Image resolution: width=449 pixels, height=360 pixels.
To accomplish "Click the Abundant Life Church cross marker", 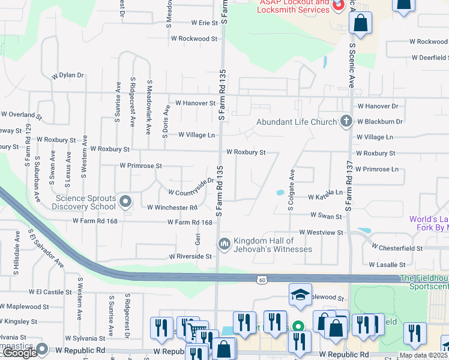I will (x=346, y=122).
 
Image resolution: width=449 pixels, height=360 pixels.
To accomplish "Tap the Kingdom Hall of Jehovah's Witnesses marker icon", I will (x=224, y=243).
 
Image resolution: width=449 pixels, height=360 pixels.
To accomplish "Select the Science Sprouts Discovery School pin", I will (x=125, y=202).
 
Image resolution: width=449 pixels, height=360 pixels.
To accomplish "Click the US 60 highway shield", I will (x=262, y=280).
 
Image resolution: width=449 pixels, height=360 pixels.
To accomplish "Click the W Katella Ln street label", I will (x=325, y=196).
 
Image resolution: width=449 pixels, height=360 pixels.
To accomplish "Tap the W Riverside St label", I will (x=191, y=256).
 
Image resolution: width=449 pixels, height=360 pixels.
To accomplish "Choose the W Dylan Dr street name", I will (x=67, y=76).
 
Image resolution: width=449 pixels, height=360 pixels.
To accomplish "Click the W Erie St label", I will (x=204, y=23).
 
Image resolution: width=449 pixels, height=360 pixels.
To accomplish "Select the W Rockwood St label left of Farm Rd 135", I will (x=194, y=38).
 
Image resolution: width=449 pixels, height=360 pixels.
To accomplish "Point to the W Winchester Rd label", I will (x=172, y=208).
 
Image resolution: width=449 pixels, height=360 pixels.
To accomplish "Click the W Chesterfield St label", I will (x=397, y=247).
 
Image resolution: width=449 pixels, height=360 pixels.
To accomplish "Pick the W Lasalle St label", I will (x=387, y=264).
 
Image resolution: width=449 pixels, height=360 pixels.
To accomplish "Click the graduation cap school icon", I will (x=300, y=294).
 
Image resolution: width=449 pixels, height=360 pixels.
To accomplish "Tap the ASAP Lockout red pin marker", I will (x=337, y=5).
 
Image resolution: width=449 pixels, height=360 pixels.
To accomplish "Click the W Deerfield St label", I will (x=429, y=58).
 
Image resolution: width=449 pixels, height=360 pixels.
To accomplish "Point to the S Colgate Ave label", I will (x=291, y=188).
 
